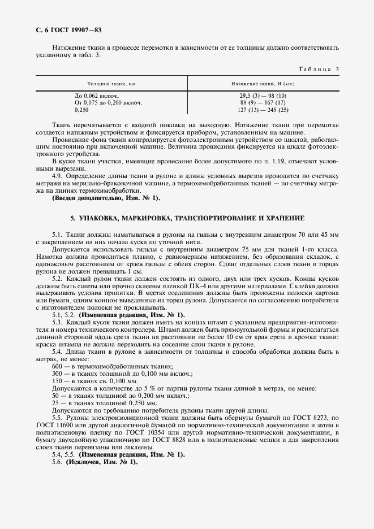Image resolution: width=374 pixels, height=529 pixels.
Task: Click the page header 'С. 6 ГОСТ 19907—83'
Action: point(68,29)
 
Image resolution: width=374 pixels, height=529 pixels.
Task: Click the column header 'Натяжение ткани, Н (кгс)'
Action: point(263,83)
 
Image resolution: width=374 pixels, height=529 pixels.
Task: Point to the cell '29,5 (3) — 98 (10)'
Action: point(263,96)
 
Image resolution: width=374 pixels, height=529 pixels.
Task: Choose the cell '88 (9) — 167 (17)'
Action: point(263,102)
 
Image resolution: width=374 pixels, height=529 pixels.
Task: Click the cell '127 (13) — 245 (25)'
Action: point(263,110)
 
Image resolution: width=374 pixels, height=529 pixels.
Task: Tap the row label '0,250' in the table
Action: point(82,110)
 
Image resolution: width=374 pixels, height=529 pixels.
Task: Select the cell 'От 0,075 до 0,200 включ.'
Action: point(108,102)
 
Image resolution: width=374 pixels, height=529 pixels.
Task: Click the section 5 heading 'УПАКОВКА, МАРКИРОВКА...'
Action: point(187,218)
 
